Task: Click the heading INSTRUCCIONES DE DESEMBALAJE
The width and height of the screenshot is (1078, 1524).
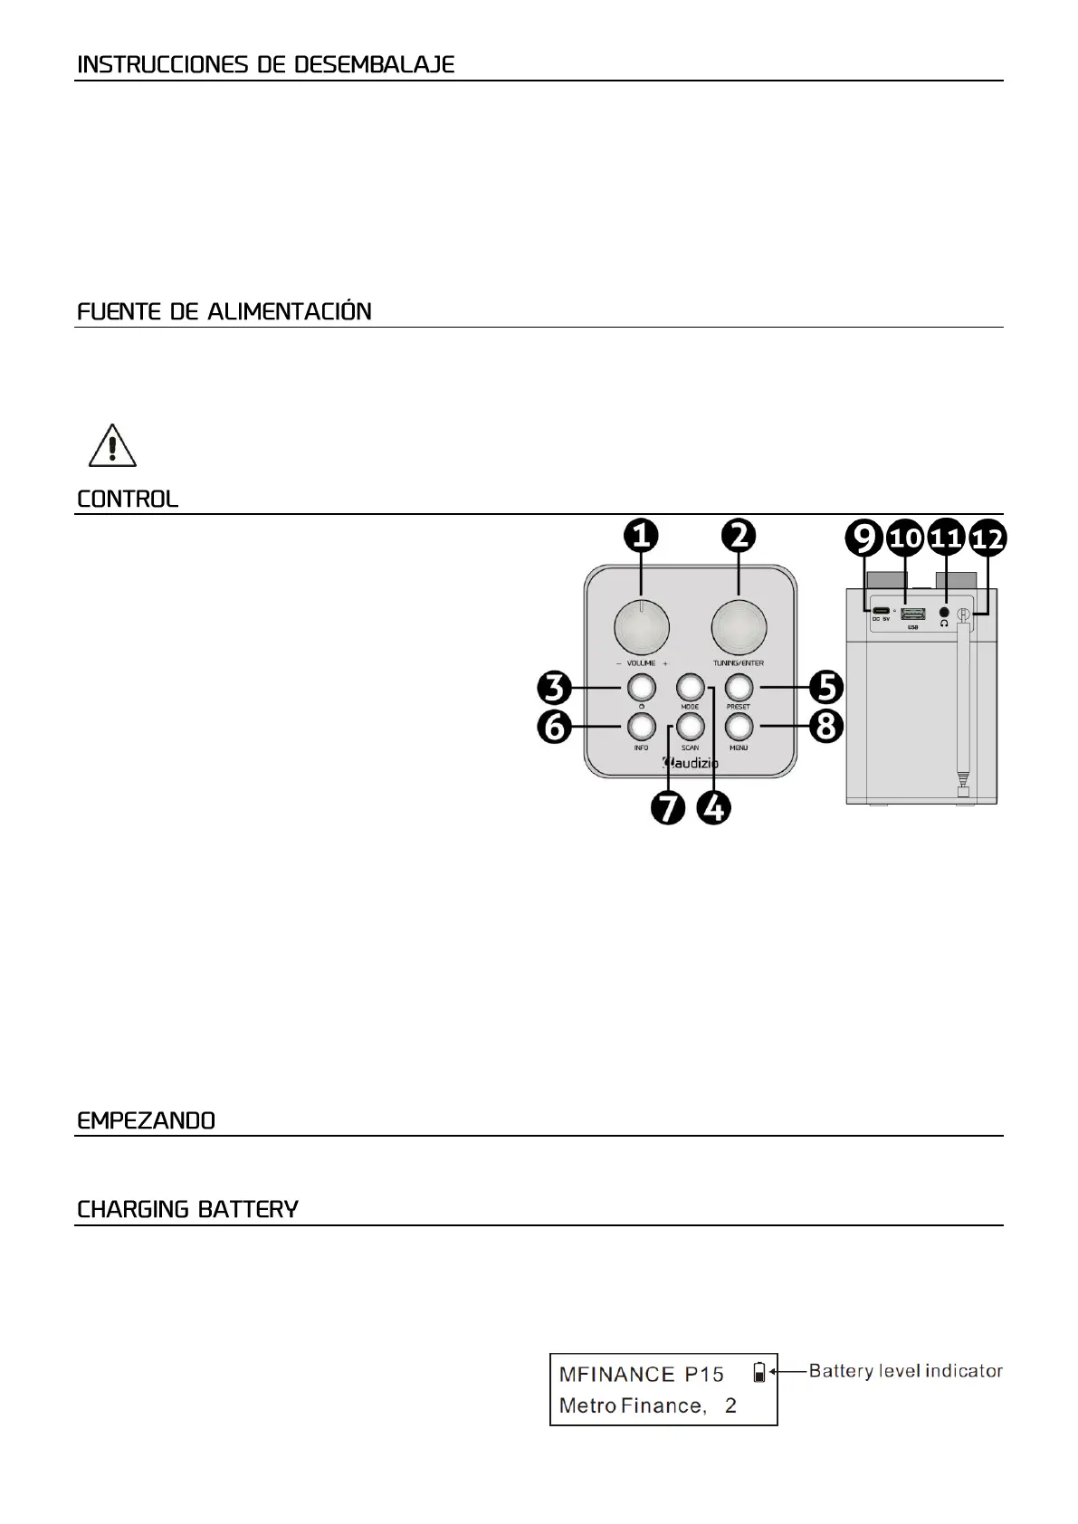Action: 265,65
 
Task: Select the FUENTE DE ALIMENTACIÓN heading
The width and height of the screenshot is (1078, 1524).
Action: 224,312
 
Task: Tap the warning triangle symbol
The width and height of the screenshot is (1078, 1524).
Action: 112,445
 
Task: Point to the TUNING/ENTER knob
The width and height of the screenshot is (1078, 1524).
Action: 739,626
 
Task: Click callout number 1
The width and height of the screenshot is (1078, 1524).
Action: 641,537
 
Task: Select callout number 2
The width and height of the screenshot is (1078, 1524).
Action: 739,537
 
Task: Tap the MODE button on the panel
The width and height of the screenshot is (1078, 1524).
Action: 690,687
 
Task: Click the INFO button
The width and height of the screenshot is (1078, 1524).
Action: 641,726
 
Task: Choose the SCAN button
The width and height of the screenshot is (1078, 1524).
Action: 690,726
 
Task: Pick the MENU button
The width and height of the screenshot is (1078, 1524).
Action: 739,726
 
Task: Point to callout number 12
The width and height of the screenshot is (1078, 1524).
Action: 987,539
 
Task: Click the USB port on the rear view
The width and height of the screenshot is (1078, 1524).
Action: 912,614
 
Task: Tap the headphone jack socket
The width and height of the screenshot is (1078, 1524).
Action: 945,612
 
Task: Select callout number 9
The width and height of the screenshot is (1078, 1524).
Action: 864,539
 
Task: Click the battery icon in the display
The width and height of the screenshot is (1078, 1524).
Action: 759,1373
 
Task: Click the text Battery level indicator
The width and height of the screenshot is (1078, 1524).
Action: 905,1371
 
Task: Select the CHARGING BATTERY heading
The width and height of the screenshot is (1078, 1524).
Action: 187,1210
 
